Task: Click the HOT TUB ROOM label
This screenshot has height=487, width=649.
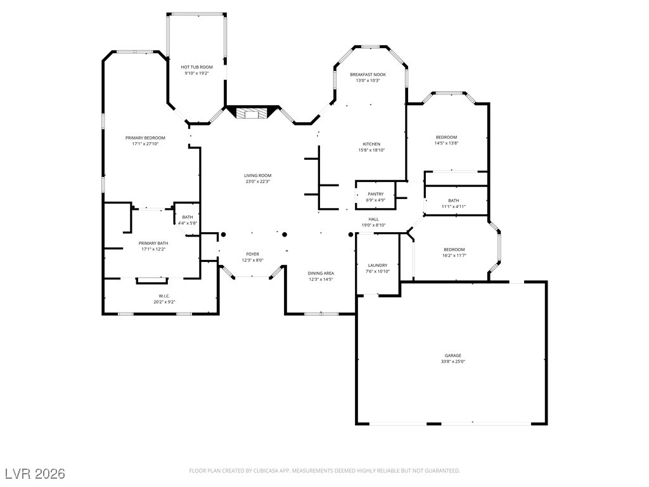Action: [x=196, y=67]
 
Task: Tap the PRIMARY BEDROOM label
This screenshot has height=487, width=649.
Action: [x=145, y=138]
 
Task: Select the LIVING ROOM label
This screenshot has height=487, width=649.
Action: [x=257, y=176]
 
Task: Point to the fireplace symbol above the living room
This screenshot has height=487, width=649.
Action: [x=251, y=113]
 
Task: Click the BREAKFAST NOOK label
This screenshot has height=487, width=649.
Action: [x=368, y=75]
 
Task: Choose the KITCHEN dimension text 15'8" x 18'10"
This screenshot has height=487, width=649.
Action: [x=371, y=150]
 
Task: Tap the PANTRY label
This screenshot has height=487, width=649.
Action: [x=376, y=194]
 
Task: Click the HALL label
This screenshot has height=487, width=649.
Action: [x=373, y=219]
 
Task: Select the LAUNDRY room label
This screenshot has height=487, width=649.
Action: [x=378, y=266]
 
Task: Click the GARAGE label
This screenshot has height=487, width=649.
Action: [x=453, y=356]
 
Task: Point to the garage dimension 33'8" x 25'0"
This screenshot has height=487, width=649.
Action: [x=453, y=361]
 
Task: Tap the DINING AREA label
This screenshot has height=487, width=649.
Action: [x=321, y=273]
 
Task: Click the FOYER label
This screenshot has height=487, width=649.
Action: [x=252, y=254]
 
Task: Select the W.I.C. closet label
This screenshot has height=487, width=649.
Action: [x=164, y=296]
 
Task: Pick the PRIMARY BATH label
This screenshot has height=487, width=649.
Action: [x=153, y=243]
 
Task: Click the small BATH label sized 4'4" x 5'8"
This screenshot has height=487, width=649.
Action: [x=188, y=217]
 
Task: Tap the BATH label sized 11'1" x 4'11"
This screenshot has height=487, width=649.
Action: [x=454, y=201]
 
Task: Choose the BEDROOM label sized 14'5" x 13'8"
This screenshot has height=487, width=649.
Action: [x=446, y=138]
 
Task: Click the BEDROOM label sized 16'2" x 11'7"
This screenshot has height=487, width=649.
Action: [x=454, y=250]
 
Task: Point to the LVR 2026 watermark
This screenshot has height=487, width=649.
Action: [x=35, y=474]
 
